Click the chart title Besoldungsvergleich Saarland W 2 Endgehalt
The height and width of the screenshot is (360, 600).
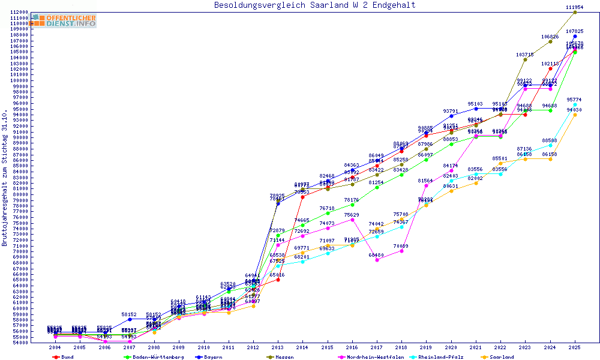pos(314,5)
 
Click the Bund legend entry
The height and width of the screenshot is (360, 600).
pos(67,357)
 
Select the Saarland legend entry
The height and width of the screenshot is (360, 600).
pos(502,357)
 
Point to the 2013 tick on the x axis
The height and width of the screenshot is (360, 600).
pos(278,347)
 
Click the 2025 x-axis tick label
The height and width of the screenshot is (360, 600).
pos(575,347)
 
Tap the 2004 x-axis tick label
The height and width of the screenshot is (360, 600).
pos(55,347)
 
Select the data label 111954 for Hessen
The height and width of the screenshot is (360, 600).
pos(574,7)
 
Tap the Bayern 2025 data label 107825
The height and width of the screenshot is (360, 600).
pos(574,31)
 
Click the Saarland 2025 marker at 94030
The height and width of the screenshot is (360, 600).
pos(575,115)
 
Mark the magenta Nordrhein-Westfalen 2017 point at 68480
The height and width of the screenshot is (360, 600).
pos(377,260)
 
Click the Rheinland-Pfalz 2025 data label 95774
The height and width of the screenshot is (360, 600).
pos(574,100)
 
